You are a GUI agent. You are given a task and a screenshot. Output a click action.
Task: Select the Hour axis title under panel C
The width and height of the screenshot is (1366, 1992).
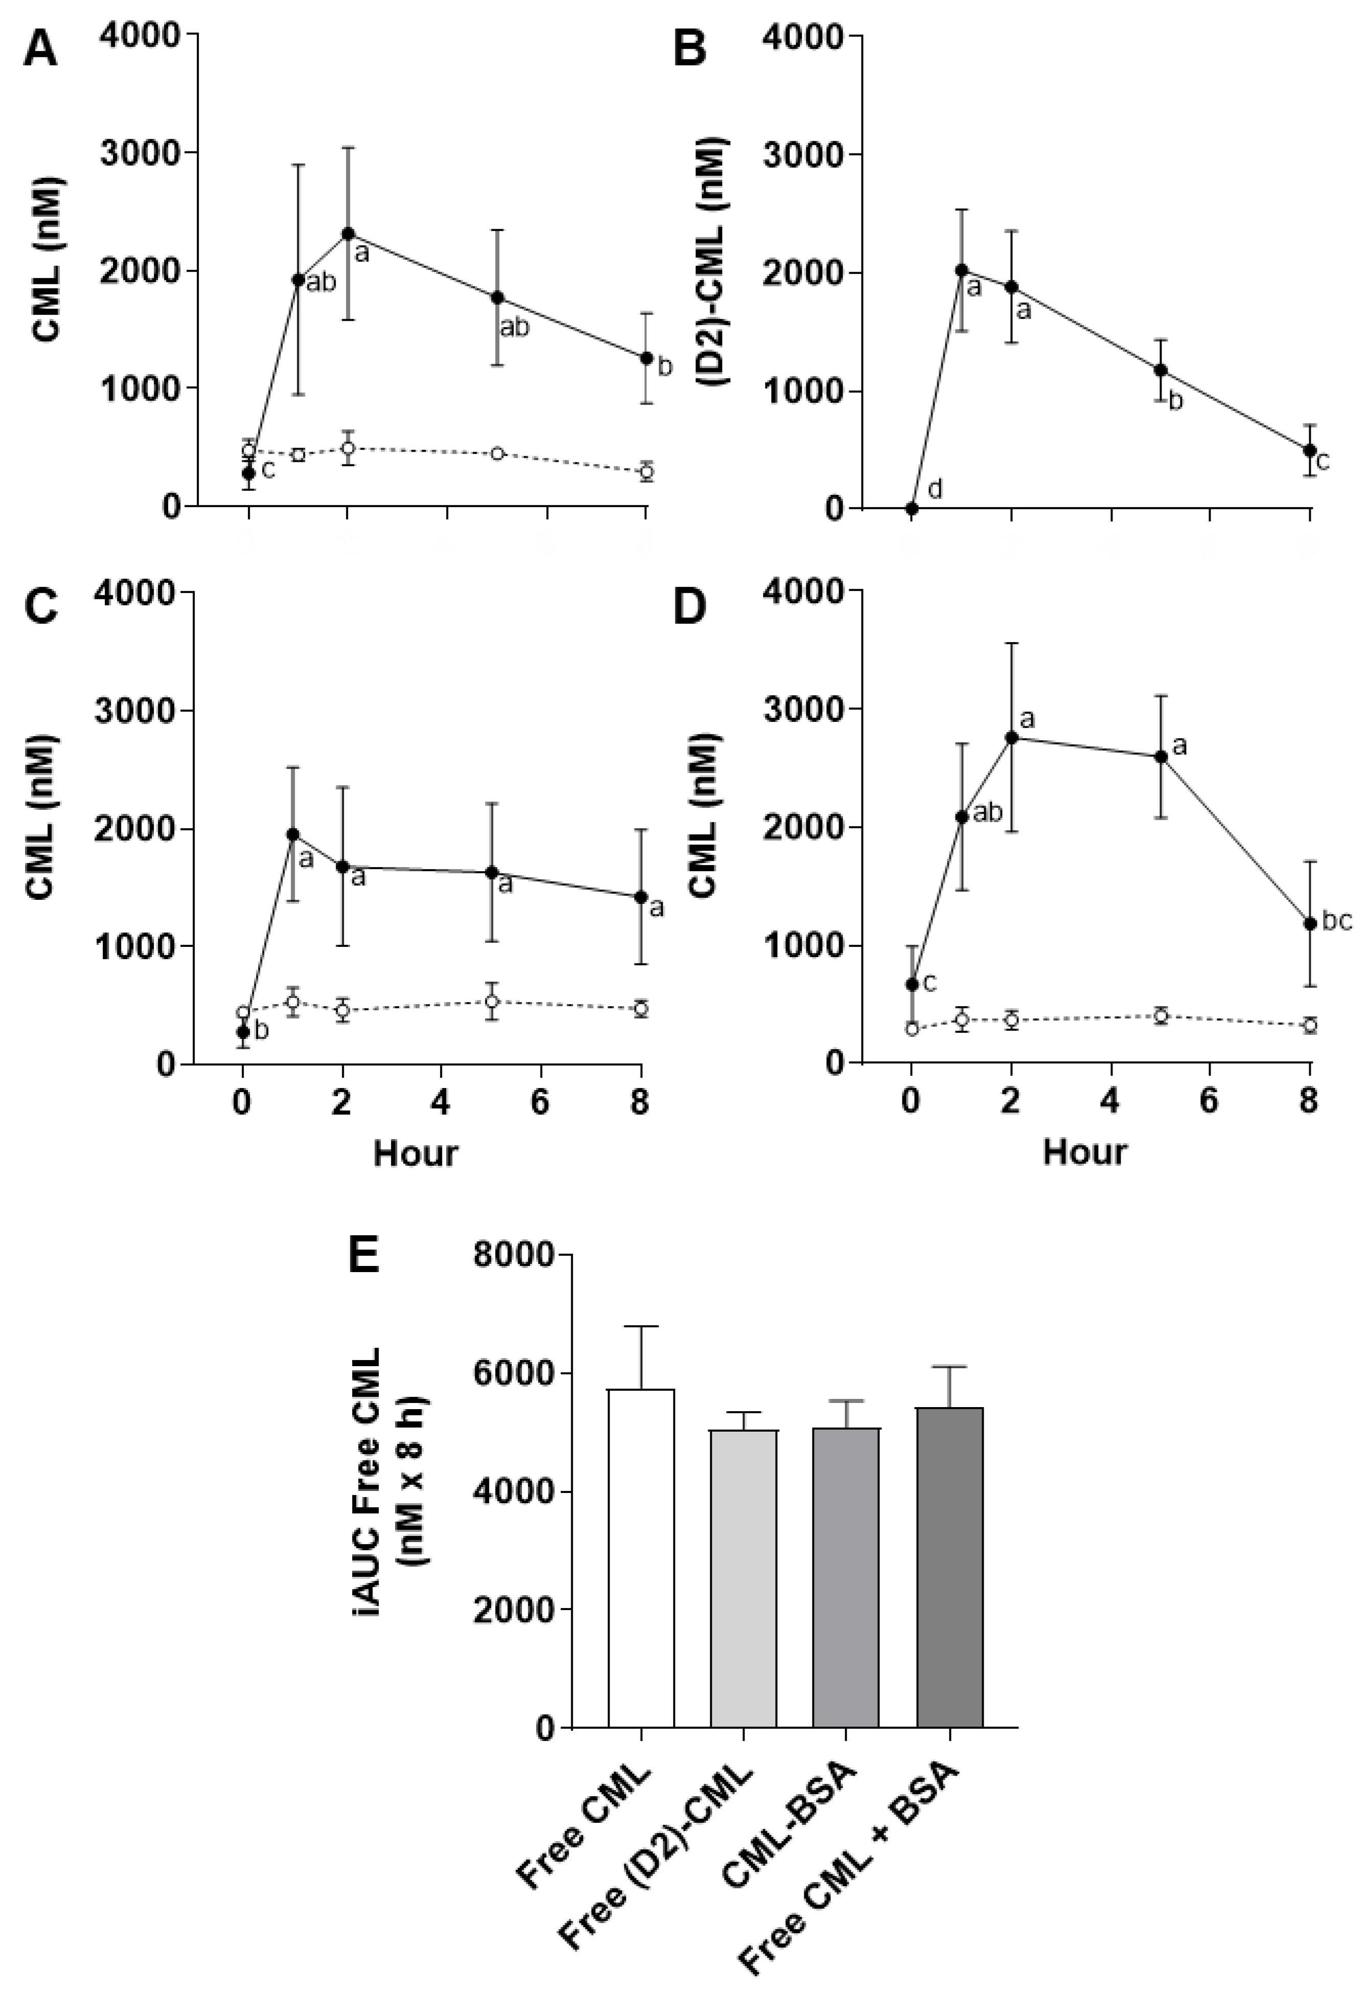(415, 1153)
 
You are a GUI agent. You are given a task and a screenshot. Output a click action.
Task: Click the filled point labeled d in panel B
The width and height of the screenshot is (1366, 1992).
(912, 508)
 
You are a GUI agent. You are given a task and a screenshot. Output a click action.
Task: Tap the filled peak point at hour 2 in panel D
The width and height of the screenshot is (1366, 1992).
(1011, 737)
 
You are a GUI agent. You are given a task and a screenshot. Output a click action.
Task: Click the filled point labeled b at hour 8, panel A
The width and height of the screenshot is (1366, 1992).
(646, 357)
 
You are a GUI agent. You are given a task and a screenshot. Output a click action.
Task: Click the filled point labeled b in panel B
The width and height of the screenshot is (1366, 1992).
(1161, 370)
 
